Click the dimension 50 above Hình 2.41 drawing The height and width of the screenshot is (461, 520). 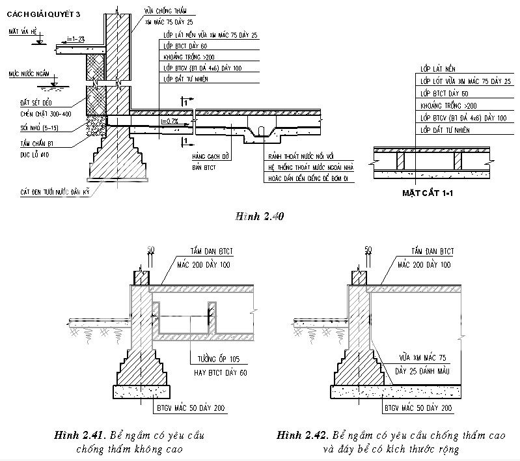point(150,249)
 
